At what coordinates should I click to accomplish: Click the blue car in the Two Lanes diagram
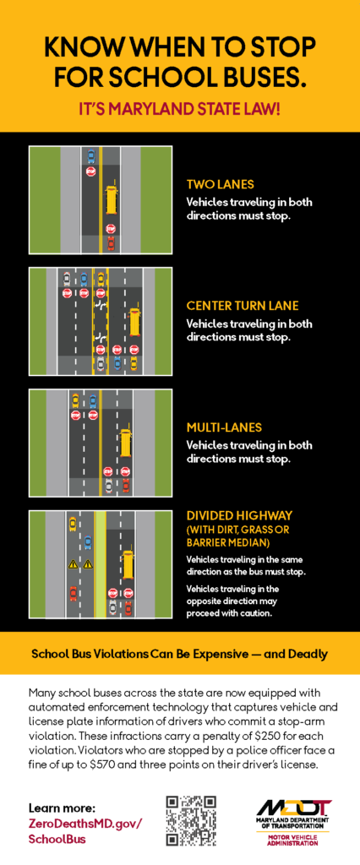91,156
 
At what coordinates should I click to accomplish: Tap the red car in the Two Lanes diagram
111,242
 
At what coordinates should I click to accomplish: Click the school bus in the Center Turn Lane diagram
134,323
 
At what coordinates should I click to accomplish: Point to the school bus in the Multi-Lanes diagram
125,443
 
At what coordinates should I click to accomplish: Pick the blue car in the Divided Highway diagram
88,543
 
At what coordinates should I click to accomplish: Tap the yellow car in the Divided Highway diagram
73,522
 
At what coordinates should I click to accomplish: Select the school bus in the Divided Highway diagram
128,563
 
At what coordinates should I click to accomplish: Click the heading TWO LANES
220,184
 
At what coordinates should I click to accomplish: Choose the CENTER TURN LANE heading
243,306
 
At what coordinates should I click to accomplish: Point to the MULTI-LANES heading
224,427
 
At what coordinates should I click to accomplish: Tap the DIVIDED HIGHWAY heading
239,516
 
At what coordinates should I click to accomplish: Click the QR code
191,820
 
